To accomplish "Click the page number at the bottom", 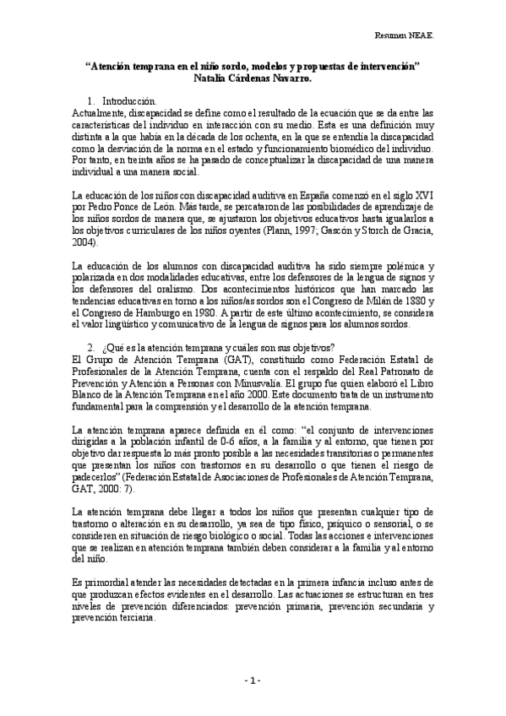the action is pyautogui.click(x=253, y=681).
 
